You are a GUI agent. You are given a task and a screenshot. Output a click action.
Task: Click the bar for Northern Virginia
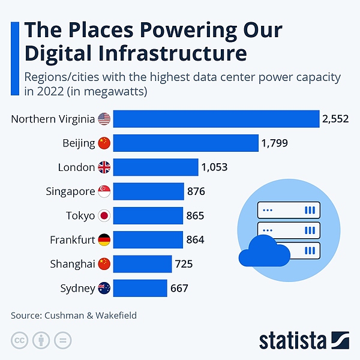click(216, 119)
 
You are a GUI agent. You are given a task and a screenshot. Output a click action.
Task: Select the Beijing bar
click(186, 143)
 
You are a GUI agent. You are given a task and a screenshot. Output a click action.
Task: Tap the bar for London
click(156, 167)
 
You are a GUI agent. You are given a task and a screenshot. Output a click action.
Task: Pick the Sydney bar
click(140, 288)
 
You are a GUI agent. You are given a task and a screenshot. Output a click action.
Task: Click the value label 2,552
click(335, 119)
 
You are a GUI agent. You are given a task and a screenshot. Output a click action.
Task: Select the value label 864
click(195, 240)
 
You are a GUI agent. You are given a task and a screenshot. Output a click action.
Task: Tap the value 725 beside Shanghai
click(184, 264)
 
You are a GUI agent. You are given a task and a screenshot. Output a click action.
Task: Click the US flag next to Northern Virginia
click(104, 119)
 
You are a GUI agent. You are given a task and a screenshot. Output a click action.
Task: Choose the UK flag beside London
click(104, 167)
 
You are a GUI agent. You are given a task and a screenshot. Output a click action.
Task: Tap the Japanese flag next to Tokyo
click(104, 215)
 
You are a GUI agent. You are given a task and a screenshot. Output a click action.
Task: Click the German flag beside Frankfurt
click(104, 240)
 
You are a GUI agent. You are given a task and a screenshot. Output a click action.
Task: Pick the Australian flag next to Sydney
click(104, 288)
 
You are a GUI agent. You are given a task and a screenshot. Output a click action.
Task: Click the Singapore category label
click(70, 191)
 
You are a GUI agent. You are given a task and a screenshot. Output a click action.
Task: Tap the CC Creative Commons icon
click(20, 340)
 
